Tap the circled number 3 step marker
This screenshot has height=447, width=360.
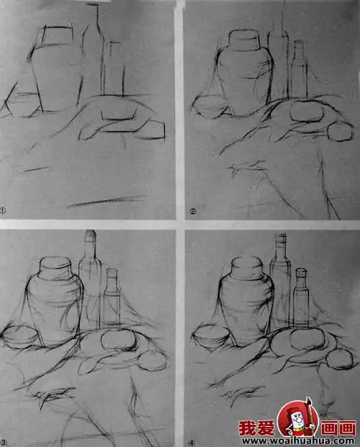[4, 441]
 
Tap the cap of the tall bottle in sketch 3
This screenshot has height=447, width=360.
[91, 236]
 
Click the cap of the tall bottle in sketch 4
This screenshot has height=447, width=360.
[282, 238]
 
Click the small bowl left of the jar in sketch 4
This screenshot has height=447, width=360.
[208, 335]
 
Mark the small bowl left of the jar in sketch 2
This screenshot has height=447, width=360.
[211, 108]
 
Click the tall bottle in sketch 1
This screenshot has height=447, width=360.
[91, 61]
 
